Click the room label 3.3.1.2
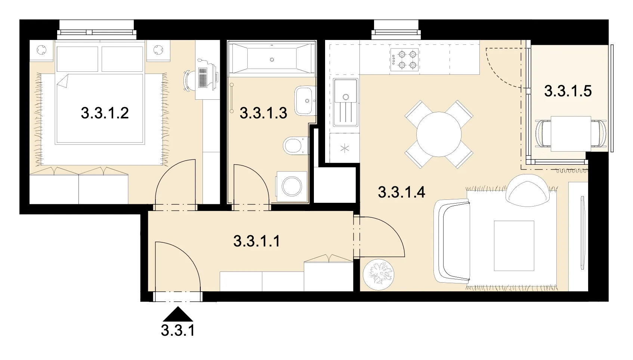[105, 113]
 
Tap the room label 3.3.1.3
[263, 113]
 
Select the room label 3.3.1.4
[402, 192]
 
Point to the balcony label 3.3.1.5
[568, 91]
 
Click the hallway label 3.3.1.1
[257, 241]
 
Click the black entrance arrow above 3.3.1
[178, 314]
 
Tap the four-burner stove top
[404, 60]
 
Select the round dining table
[439, 134]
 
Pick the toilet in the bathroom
[295, 146]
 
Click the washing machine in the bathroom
[291, 187]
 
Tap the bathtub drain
[272, 60]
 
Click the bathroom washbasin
[304, 101]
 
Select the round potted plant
[379, 274]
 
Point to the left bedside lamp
[41, 50]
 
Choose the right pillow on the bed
[122, 59]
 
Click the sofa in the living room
[451, 241]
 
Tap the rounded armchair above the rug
[528, 190]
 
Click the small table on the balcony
[571, 134]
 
